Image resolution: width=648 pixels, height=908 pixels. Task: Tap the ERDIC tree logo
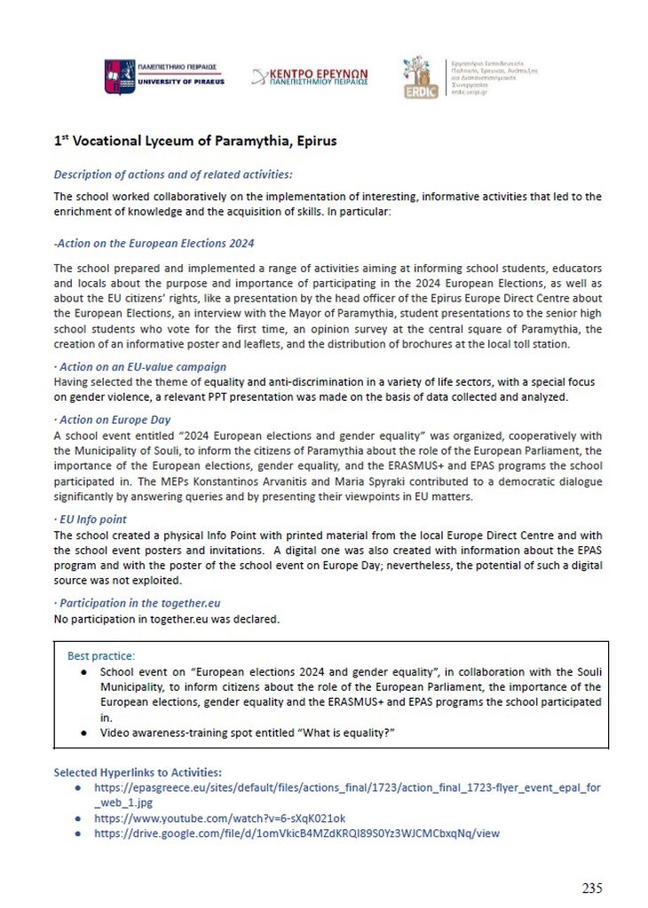coord(421,77)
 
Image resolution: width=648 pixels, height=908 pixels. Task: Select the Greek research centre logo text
coord(310,76)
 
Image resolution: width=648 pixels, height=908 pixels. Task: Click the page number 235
coord(592,888)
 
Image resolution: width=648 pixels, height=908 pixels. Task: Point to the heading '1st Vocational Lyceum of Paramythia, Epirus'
coord(195,141)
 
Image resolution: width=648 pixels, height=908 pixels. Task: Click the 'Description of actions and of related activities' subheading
coord(173,175)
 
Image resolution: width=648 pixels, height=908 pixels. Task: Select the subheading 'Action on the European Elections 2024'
coord(154,243)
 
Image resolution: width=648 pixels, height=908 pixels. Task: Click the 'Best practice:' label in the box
coord(101,656)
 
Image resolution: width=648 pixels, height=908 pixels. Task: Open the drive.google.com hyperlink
coord(296,834)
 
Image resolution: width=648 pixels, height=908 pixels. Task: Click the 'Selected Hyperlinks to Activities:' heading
coord(138,772)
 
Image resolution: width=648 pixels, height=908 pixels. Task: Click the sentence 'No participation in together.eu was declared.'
coord(166,619)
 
